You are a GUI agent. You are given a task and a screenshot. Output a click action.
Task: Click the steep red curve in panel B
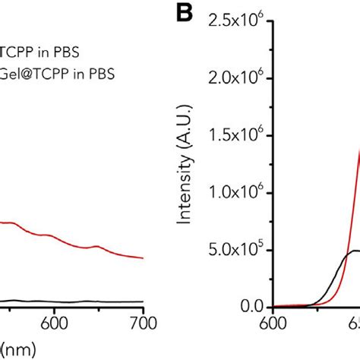[351, 190]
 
